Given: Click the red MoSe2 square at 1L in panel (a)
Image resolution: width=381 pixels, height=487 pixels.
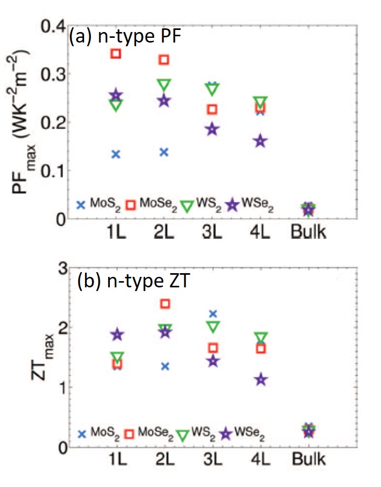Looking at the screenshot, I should [x=116, y=54].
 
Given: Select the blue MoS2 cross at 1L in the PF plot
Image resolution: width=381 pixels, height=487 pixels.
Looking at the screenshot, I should [x=116, y=154].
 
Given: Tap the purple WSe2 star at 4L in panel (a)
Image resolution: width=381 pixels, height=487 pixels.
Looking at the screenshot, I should [x=260, y=141].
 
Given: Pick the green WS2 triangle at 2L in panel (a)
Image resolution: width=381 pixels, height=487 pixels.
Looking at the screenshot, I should [x=164, y=85].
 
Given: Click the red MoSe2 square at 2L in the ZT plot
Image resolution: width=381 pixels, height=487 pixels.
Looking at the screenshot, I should [x=164, y=304].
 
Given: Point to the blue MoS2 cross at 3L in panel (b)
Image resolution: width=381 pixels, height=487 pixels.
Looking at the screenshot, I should [x=212, y=314].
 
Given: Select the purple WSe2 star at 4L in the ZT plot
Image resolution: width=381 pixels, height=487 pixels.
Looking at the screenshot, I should [x=260, y=379].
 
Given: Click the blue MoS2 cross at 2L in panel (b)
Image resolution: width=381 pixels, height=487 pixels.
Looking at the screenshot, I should [x=164, y=366].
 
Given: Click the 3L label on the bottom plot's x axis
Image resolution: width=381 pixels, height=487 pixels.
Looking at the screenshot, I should [x=212, y=460].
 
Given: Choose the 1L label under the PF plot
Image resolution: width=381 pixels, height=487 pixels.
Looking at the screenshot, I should [x=116, y=232].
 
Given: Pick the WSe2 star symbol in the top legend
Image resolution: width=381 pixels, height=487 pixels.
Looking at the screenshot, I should [x=232, y=205].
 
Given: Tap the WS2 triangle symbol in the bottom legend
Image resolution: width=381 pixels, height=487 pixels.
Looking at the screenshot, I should [x=183, y=435].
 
